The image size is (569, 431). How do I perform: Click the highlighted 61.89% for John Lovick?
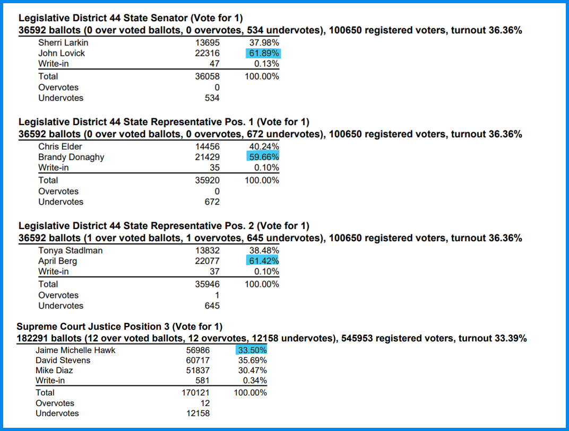[264, 54]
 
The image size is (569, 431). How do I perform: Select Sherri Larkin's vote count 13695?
[207, 43]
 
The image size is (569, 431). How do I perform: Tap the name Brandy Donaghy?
[71, 157]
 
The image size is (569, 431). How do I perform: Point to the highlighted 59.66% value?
[264, 157]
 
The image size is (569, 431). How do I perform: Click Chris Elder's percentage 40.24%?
[264, 146]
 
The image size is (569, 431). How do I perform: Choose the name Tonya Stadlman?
[71, 250]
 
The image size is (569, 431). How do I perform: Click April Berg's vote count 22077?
[207, 261]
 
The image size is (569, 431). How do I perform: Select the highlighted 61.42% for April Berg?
[264, 261]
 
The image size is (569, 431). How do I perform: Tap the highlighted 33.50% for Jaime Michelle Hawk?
[252, 350]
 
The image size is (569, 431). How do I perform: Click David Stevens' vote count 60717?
[198, 360]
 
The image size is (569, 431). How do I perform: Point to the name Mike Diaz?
[54, 371]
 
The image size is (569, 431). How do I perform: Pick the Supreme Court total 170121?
[195, 393]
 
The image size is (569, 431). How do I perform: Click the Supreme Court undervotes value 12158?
[198, 413]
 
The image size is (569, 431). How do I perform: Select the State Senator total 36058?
[207, 76]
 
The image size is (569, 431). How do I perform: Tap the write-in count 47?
[214, 64]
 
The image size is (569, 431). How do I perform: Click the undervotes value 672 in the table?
[212, 202]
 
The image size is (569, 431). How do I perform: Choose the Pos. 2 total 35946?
[207, 284]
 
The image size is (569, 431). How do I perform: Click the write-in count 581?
[202, 381]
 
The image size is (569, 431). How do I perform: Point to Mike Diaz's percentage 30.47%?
[253, 371]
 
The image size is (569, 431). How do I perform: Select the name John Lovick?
[62, 54]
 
